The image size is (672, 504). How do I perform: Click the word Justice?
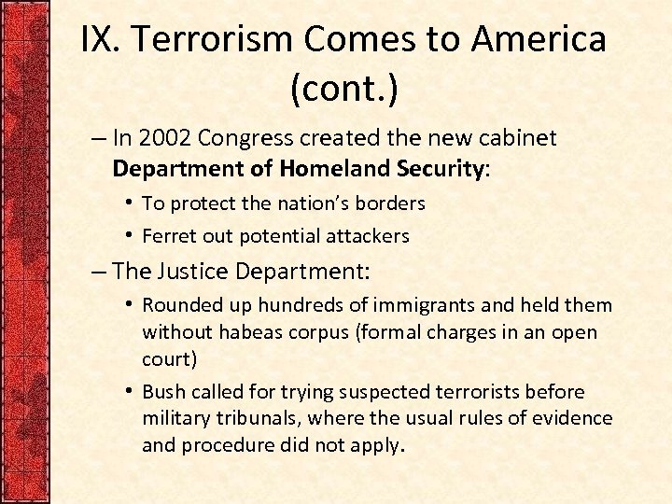click(x=195, y=272)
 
